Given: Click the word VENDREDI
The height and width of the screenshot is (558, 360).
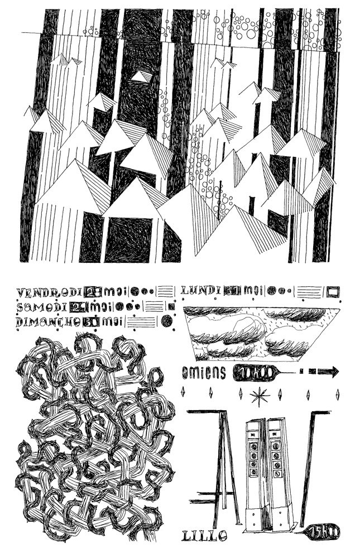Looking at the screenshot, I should click(x=49, y=292).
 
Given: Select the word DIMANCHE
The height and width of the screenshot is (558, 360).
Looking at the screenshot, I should click(x=48, y=321).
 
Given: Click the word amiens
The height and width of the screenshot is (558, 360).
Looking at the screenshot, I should click(x=204, y=373).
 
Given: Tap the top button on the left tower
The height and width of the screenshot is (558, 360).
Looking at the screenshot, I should click(x=254, y=446).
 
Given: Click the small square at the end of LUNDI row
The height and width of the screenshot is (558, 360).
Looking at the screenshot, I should click(x=333, y=291).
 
